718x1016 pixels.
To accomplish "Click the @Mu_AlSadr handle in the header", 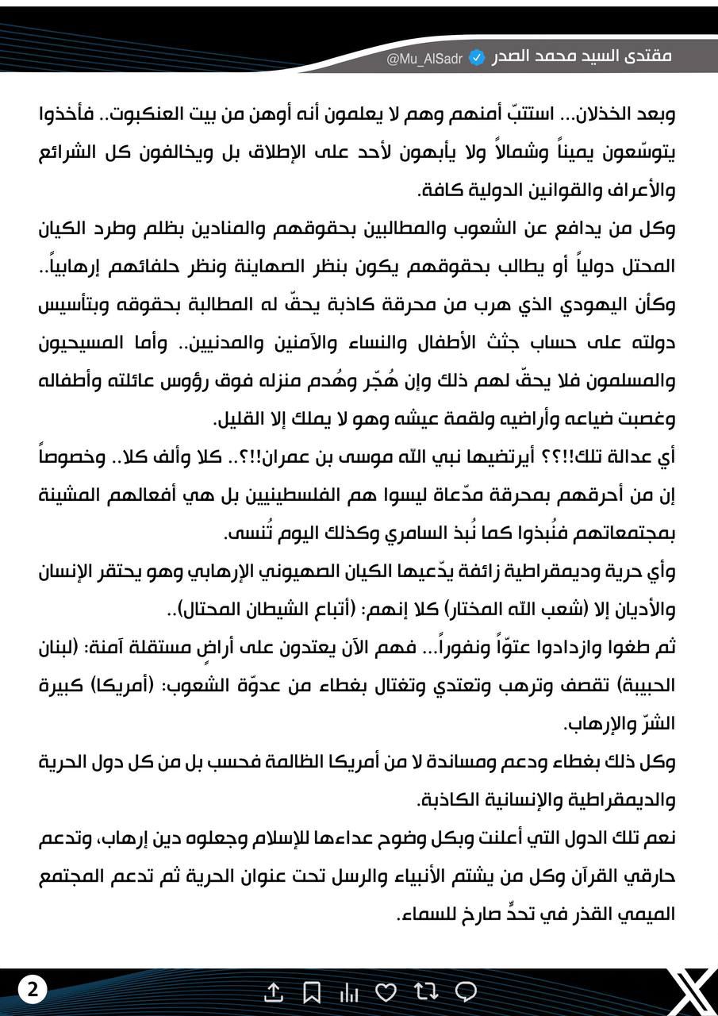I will click(424, 59).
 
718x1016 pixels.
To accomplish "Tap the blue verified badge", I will click(477, 58).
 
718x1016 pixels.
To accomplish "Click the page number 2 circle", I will click(33, 990).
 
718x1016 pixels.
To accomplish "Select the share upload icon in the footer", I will click(273, 991).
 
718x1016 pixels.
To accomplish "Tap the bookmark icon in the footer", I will click(312, 991).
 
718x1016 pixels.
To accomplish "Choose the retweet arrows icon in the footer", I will click(426, 991).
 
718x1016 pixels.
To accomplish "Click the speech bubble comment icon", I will click(466, 991).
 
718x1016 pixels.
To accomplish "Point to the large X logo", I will click(686, 990).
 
